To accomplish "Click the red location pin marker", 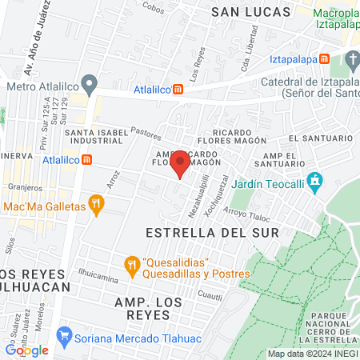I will pos(181,163).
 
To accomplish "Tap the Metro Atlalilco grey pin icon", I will pos(90,83).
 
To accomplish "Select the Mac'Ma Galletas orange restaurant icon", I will pos(97,206).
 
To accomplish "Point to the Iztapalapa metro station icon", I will pos(323,59).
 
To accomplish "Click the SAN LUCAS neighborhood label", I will pos(243,11).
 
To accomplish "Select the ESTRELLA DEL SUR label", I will pos(213,232).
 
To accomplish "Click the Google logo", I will pos(26,350).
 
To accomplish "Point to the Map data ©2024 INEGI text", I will pos(312,354).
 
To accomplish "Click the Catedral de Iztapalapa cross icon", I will pos(352,59).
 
